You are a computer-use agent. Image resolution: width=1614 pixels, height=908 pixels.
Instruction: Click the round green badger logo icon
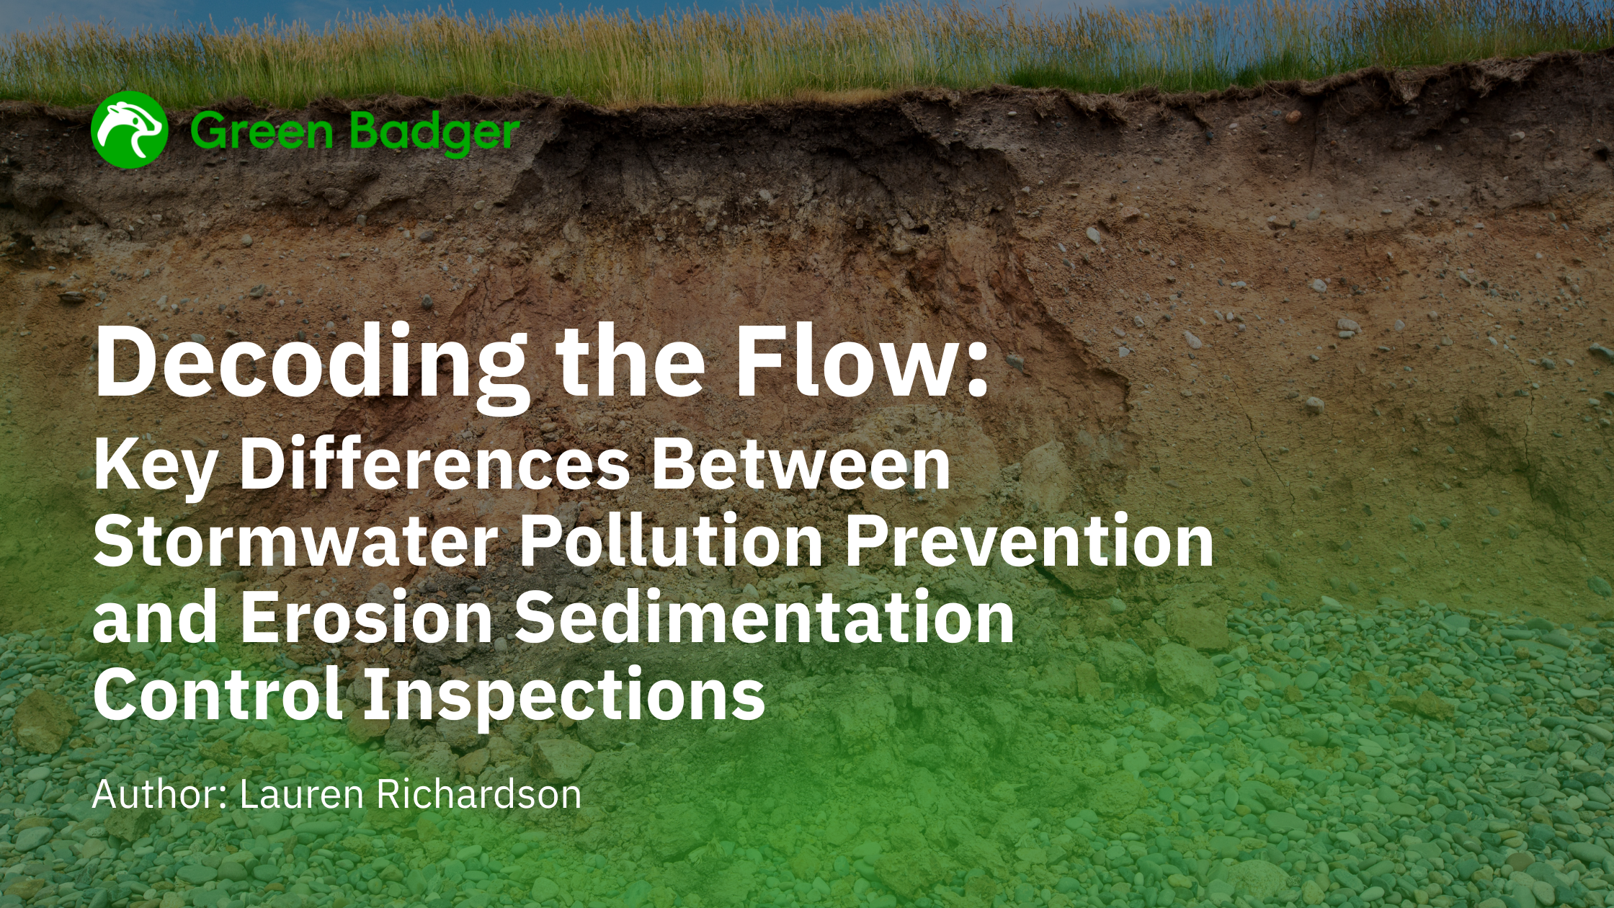coord(130,130)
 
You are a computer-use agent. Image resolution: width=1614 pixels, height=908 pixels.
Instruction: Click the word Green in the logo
coord(262,131)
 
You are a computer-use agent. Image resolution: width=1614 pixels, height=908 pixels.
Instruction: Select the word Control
coord(217,693)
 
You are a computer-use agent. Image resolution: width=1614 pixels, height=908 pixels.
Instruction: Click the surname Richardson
coord(479,793)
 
